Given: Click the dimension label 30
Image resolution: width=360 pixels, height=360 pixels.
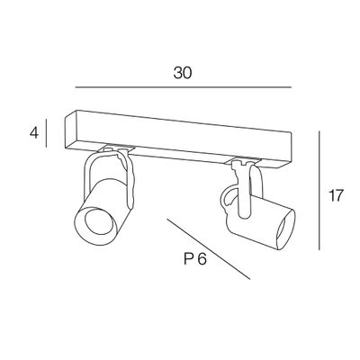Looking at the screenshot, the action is tap(182, 73).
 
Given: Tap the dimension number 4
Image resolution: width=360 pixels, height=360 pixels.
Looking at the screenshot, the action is tap(34, 132).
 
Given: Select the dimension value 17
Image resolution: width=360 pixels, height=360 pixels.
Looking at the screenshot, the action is tap(336, 195).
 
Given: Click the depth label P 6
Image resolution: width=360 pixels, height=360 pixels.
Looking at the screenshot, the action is tap(195, 258).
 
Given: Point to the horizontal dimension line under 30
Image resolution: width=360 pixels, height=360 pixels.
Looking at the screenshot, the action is tap(184, 87).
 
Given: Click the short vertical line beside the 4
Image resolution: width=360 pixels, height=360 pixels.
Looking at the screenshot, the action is tap(46, 133).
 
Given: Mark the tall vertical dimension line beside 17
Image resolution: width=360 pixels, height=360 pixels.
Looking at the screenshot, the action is tap(319, 191).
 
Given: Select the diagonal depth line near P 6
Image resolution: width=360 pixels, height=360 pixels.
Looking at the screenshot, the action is tap(209, 249).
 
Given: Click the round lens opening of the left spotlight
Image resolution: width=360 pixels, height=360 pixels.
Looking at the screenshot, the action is tap(98, 221).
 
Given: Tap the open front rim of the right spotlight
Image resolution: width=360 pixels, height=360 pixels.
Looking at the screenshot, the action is tap(285, 229).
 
